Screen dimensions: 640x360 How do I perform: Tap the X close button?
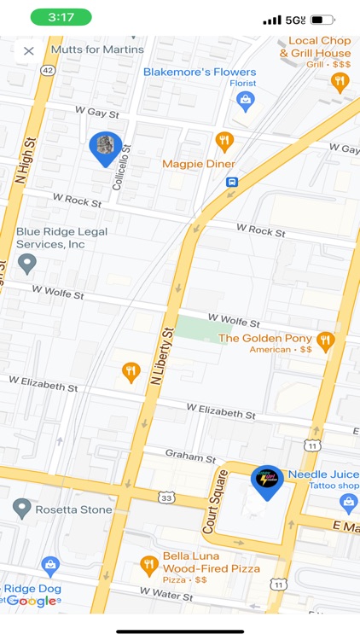(28, 50)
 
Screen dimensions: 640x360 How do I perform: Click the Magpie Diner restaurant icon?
(224, 142)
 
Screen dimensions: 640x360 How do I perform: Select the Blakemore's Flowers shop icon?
(245, 101)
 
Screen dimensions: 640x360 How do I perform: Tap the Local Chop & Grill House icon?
(340, 82)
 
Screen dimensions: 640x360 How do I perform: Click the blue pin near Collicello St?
(106, 147)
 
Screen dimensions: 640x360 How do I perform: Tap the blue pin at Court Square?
(267, 481)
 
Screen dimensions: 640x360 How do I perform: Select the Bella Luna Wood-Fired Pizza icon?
(149, 564)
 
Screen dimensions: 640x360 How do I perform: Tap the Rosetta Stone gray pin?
(22, 509)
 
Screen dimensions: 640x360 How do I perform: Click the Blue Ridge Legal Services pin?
(27, 264)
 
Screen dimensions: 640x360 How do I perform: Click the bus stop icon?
(231, 182)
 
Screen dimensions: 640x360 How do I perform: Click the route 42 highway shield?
(47, 72)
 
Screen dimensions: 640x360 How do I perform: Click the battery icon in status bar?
(322, 19)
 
